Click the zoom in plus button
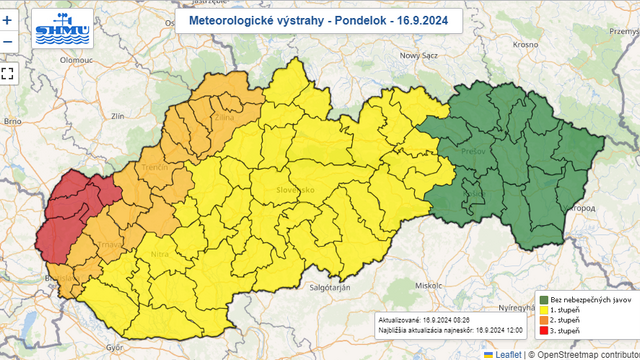7,19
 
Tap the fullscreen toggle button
7,72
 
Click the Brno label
12,121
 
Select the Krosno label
525,45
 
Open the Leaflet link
507,353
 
